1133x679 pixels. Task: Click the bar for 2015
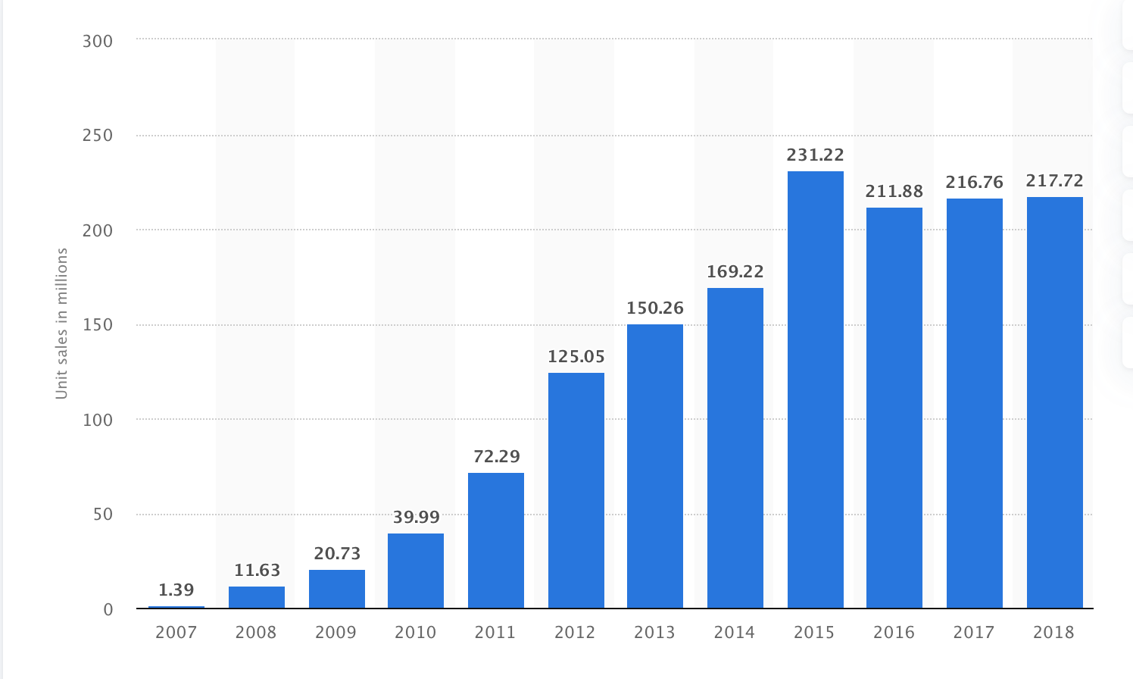[815, 390]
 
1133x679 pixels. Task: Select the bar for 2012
[576, 490]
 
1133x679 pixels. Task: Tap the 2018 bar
[1054, 402]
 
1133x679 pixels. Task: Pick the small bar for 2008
[257, 597]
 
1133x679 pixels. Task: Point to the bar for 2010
[416, 571]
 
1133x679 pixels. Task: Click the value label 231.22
[815, 155]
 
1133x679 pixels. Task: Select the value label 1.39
[176, 590]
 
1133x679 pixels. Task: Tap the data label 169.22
[735, 271]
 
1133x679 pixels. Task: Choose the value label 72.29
[496, 456]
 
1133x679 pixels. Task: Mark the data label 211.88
[894, 192]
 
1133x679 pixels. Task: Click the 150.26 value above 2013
[655, 308]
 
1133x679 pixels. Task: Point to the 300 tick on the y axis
[98, 41]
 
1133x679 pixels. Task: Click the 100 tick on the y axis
[98, 420]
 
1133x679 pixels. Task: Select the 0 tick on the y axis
[108, 609]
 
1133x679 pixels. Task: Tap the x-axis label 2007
[176, 632]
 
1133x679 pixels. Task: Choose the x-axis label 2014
[735, 632]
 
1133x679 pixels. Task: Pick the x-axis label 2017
[974, 632]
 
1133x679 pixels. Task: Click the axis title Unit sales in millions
[62, 324]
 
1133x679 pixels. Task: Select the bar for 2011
[496, 540]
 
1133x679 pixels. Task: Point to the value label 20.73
[337, 553]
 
